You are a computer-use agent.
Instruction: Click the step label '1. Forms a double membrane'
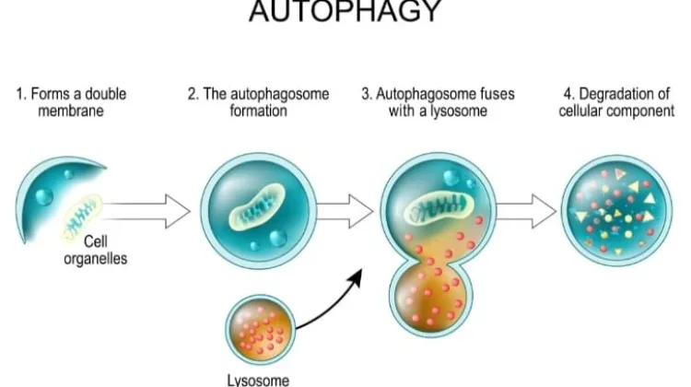[x=71, y=102]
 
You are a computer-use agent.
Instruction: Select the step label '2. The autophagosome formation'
[x=258, y=102]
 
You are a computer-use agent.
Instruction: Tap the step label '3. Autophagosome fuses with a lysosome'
[x=438, y=102]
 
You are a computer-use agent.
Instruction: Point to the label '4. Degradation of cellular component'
[x=616, y=102]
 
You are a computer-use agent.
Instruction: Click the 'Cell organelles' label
[x=96, y=250]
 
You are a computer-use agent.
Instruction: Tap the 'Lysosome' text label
[x=258, y=380]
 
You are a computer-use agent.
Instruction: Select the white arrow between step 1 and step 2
[x=146, y=212]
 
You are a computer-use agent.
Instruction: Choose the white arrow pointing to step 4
[x=526, y=212]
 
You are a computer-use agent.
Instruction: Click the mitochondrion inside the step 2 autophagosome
[x=257, y=205]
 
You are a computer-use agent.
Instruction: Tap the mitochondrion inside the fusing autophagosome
[x=439, y=208]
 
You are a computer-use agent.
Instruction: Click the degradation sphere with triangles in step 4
[x=616, y=211]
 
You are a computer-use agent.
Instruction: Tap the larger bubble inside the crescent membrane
[x=44, y=196]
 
